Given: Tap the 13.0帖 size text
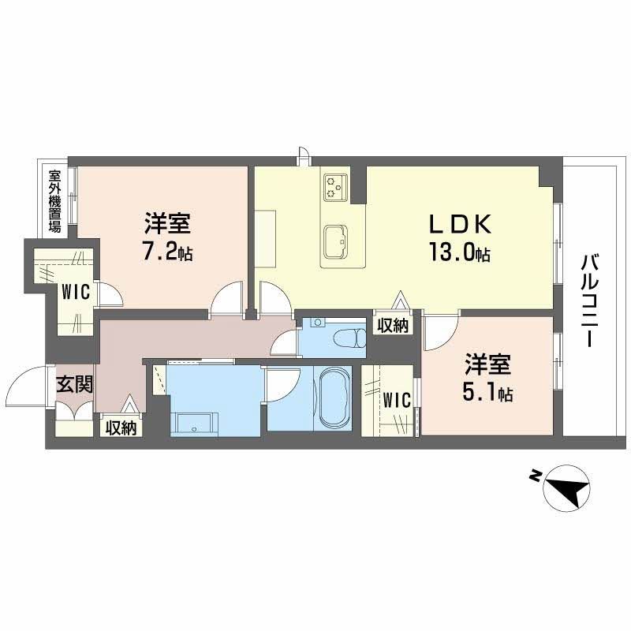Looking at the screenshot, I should [x=461, y=254].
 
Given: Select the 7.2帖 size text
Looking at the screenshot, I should [x=166, y=254].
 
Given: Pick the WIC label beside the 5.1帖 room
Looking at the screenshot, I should [x=398, y=401].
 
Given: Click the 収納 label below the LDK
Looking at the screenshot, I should [x=392, y=325].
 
